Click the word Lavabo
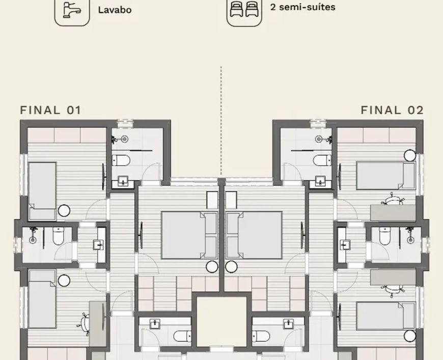pos(115,10)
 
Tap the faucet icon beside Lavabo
pos(72,10)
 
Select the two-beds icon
pos(244,9)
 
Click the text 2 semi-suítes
pos(302,7)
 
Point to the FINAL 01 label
pos(51,110)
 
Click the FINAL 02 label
pos(392,110)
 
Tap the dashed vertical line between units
pos(221,121)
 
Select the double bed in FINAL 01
pos(189,235)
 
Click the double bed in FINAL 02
pos(254,235)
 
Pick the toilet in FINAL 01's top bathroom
pos(121,160)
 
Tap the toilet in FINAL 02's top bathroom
pos(322,160)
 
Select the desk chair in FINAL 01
pos(84,324)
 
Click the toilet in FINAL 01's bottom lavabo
pos(182,336)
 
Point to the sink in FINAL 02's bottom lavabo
pos(288,324)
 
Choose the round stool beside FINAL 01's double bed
pos(212,267)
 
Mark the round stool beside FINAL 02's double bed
pos(231,267)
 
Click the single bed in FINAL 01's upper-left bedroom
pos(42,191)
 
